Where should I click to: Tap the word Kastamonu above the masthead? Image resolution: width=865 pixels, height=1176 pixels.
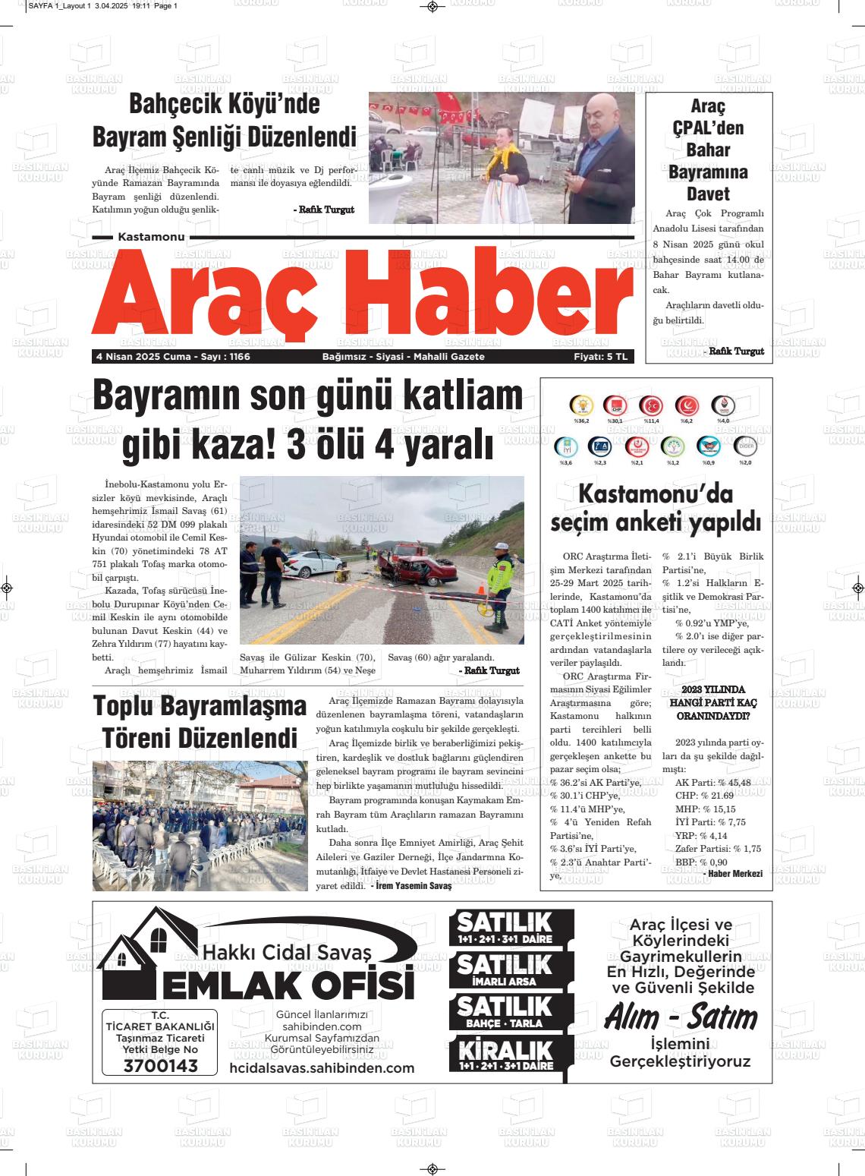(x=152, y=238)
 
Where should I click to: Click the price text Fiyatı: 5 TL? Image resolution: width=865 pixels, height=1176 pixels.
(x=601, y=357)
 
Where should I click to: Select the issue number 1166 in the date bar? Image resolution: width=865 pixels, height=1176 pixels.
(x=240, y=357)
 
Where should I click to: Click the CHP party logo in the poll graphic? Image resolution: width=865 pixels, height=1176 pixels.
(x=615, y=407)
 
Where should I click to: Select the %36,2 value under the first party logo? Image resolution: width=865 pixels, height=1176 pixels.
(x=582, y=421)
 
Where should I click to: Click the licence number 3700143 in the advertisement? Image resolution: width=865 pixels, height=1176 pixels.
(x=160, y=1066)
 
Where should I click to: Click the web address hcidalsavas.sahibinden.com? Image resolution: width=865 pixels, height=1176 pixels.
(x=322, y=1068)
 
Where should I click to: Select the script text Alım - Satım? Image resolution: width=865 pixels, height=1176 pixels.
(x=681, y=1017)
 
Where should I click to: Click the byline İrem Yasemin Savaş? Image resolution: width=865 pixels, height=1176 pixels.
(x=414, y=886)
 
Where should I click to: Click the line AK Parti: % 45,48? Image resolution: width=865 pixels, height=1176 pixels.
(x=712, y=782)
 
